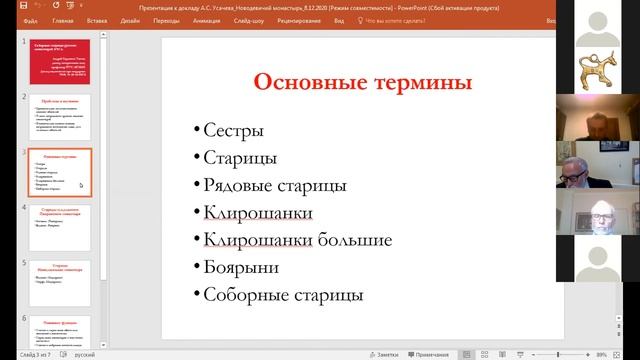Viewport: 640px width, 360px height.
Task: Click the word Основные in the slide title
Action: [306, 82]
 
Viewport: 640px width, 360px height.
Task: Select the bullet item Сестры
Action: [233, 130]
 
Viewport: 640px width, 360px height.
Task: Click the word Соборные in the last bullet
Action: [242, 295]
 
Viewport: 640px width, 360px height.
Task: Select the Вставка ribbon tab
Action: [97, 19]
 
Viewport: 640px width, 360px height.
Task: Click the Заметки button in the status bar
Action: [385, 354]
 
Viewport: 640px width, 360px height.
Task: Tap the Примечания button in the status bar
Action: [430, 354]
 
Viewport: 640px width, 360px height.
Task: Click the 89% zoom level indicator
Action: [602, 354]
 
